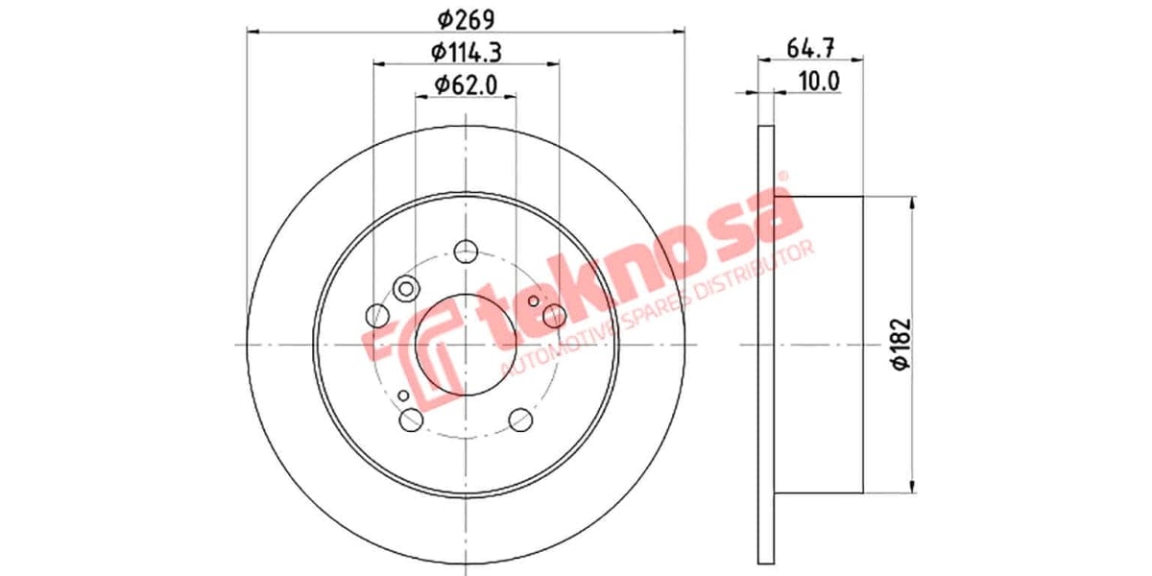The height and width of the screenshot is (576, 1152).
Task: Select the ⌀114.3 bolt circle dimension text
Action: pos(466,51)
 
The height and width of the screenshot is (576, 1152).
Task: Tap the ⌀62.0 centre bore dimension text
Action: pos(466,84)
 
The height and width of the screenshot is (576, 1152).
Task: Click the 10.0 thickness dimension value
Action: pos(819,81)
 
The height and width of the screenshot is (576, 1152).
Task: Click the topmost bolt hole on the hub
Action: pos(466,251)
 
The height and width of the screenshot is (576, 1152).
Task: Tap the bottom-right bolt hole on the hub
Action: pos(520,420)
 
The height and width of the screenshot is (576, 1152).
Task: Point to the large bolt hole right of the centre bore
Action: pos(554,315)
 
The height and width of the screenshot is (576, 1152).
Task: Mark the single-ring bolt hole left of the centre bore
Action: pos(378,315)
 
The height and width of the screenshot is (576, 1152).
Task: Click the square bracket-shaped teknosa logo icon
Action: pos(398,351)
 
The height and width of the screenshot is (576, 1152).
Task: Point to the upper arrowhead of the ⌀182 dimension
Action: pos(911,204)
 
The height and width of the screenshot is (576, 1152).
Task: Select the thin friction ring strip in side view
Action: pos(766,346)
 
